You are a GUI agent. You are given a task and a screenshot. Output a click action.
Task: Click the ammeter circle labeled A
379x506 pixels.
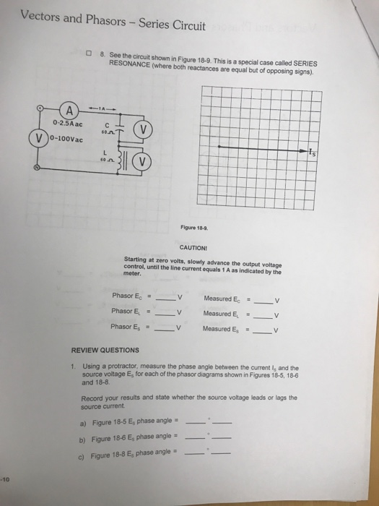coord(70,111)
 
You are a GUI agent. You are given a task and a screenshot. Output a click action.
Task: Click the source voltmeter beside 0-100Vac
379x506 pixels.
coord(35,138)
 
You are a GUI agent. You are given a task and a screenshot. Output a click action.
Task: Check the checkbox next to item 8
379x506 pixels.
coord(88,54)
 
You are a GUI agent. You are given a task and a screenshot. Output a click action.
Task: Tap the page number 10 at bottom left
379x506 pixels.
coord(5,479)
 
